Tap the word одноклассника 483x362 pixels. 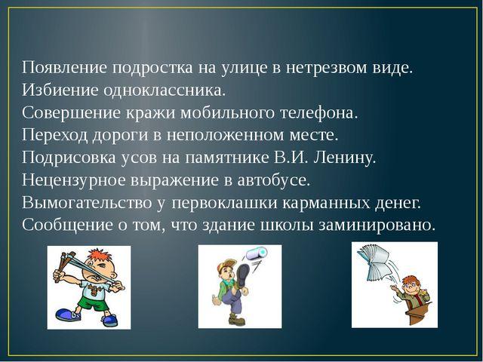[162, 90]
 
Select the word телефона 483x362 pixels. [318, 113]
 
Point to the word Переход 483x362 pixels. [54, 136]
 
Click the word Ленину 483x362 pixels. [345, 158]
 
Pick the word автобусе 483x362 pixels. [273, 180]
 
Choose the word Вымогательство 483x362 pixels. [87, 203]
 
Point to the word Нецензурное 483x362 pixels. [74, 180]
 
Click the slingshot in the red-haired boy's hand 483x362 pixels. [64, 265]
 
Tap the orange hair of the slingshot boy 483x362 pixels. [99, 256]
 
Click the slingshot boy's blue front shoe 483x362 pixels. [66, 314]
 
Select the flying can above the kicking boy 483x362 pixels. [257, 253]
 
